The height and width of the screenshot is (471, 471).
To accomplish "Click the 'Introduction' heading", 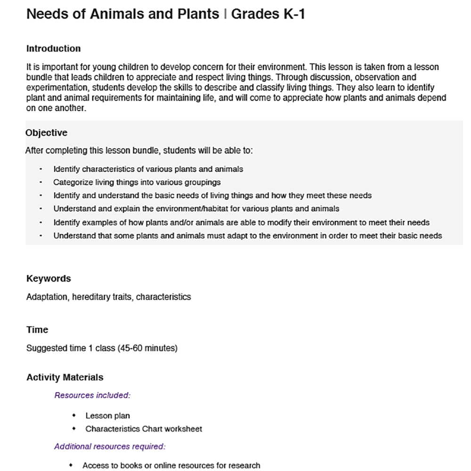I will pyautogui.click(x=53, y=49).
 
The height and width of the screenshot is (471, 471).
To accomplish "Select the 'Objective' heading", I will pyautogui.click(x=46, y=133).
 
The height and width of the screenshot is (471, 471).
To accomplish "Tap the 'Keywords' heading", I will pyautogui.click(x=49, y=278).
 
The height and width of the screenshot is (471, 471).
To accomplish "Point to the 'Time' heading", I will pyautogui.click(x=37, y=330).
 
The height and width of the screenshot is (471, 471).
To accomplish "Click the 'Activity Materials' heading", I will pyautogui.click(x=65, y=377).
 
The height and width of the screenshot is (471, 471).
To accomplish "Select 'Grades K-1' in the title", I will pyautogui.click(x=268, y=14).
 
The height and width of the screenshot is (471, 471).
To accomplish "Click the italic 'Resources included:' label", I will pyautogui.click(x=92, y=395).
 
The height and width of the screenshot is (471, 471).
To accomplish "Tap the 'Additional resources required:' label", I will pyautogui.click(x=110, y=446).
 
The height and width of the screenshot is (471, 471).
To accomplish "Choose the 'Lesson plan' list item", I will pyautogui.click(x=107, y=416).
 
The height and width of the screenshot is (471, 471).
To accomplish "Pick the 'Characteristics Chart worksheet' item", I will pyautogui.click(x=144, y=429).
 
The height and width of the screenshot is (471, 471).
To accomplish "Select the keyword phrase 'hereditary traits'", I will pyautogui.click(x=102, y=297).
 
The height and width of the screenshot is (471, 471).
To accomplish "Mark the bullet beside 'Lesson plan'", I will pyautogui.click(x=73, y=416).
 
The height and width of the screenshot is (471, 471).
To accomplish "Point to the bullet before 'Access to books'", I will pyautogui.click(x=71, y=465).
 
